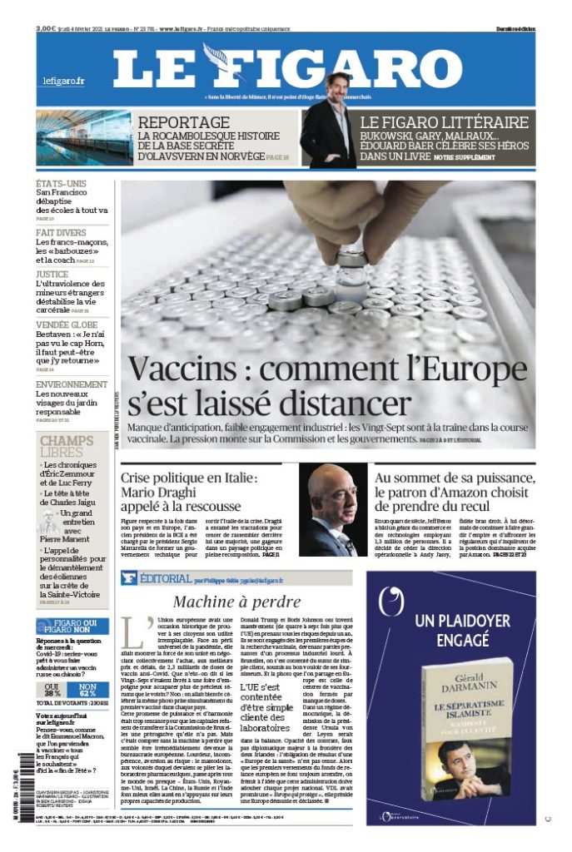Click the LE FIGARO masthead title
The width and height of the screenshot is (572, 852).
coord(287,69)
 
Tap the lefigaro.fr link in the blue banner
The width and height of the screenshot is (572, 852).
coord(64,81)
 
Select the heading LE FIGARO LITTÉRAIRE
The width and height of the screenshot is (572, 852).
coord(444,122)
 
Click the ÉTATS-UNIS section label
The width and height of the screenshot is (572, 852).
coord(61,183)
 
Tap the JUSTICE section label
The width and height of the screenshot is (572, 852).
coord(52,273)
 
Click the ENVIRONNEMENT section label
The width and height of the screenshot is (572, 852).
coord(72,384)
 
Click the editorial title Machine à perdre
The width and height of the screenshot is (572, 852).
coord(236,602)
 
